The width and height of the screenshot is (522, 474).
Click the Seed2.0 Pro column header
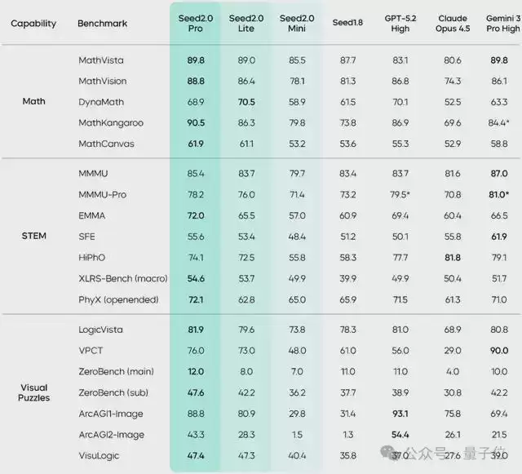[195, 23]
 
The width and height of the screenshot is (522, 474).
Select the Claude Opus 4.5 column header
[453, 23]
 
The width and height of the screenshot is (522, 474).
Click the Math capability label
[33, 102]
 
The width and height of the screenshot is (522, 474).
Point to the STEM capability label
[33, 237]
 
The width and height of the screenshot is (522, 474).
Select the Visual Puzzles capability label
[33, 392]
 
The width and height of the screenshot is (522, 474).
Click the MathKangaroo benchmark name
[111, 122]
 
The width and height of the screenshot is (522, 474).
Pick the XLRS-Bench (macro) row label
[122, 278]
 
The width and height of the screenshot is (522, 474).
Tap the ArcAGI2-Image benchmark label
[112, 435]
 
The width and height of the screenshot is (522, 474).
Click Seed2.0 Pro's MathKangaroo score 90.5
[195, 122]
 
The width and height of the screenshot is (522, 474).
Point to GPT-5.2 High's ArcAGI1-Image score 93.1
[400, 414]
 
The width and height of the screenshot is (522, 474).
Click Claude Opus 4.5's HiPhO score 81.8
[453, 257]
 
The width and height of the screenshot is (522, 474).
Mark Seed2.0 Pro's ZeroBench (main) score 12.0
[195, 372]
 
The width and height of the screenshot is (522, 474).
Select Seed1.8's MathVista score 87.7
[347, 60]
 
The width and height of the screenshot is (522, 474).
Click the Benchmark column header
[102, 23]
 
